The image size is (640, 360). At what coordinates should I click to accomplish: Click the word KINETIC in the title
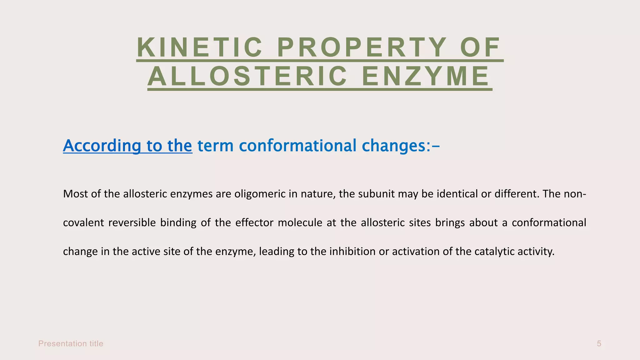200,47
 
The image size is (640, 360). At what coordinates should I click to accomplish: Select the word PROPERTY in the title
362,47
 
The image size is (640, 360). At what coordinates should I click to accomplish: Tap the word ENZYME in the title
426,76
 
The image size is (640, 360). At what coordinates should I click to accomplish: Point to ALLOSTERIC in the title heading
247,76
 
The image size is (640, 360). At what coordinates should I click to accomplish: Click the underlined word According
102,146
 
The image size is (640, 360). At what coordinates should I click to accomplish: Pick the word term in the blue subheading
216,146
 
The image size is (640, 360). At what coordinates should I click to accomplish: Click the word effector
254,223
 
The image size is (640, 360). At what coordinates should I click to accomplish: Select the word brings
450,223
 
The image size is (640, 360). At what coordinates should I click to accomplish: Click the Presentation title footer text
71,344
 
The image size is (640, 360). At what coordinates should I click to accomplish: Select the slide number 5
599,344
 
